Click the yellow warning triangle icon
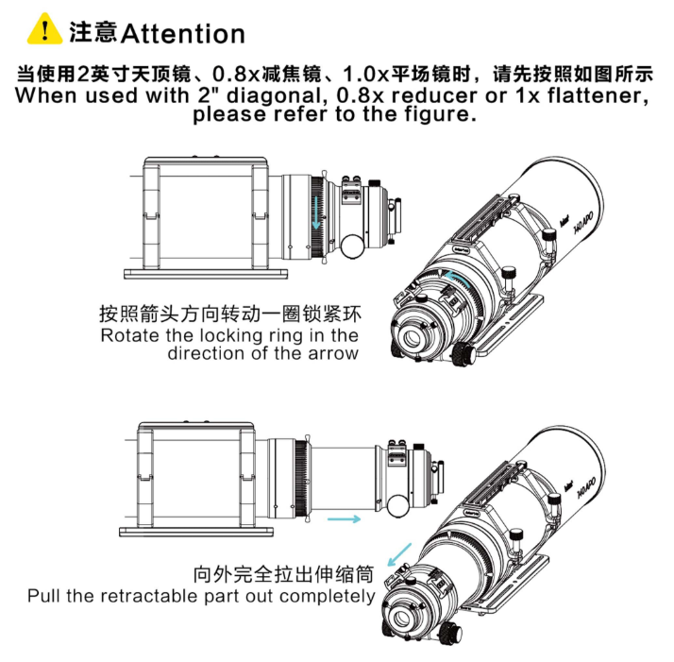44,29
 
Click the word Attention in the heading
183,34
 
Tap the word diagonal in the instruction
275,95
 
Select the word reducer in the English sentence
434,95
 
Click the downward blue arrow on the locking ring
317,212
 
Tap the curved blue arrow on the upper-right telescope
457,278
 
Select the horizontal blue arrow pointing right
344,519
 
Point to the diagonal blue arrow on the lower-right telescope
399,554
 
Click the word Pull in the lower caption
43,596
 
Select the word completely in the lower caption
327,597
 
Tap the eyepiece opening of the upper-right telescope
413,338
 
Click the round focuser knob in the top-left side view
352,246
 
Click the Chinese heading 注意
93,32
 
